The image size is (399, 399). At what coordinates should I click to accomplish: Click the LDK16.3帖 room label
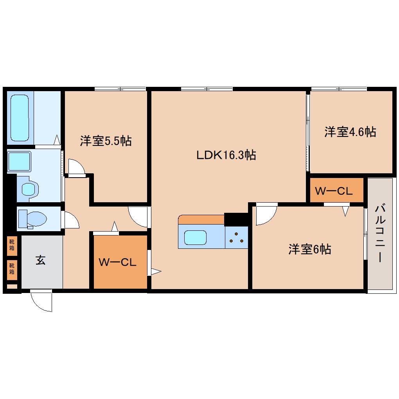(226, 155)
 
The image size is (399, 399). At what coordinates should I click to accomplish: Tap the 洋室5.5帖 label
(106, 141)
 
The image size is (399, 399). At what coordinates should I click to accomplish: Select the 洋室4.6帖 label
(350, 132)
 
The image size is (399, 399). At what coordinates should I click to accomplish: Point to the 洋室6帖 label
(310, 249)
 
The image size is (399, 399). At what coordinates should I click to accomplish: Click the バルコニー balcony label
(379, 234)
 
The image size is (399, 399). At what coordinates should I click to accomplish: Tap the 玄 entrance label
(40, 260)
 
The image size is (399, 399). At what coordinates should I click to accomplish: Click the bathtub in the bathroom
(20, 117)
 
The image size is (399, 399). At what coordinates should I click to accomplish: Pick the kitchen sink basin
(196, 237)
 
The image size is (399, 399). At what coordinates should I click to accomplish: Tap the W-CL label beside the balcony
(334, 191)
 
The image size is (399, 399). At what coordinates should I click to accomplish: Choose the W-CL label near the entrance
(117, 262)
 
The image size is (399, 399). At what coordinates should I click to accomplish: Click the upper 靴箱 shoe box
(12, 245)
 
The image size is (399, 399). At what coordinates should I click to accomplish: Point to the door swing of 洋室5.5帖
(77, 166)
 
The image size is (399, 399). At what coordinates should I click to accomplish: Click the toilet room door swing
(72, 220)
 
